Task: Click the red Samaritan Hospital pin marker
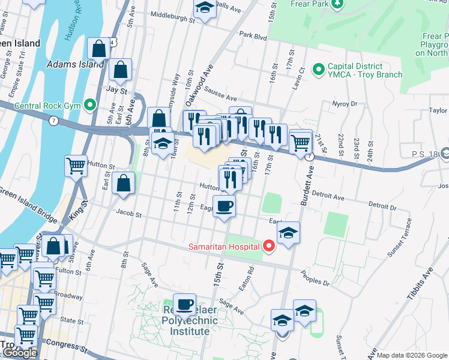[269, 245]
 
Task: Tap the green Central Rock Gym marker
[91, 106]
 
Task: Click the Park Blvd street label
[253, 36]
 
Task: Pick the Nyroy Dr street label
[345, 103]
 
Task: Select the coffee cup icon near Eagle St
[224, 206]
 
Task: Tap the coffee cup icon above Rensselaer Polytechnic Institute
[185, 304]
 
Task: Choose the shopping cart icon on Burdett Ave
[300, 142]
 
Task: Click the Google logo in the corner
[20, 353]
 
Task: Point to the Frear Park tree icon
[337, 4]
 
